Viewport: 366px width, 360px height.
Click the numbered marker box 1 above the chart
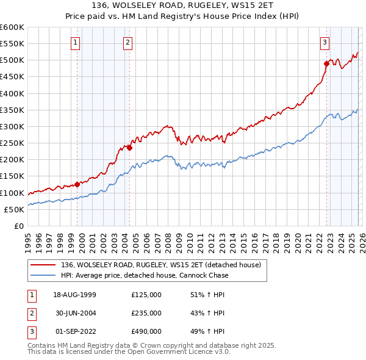(x=75, y=42)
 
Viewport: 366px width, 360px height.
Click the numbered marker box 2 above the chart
(x=127, y=42)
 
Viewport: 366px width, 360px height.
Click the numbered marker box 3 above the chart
(x=325, y=42)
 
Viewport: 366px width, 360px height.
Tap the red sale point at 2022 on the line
(x=326, y=63)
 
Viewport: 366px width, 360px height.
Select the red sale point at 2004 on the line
(x=130, y=147)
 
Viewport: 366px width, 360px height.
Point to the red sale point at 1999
(x=77, y=184)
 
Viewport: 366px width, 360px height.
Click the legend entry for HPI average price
(x=145, y=275)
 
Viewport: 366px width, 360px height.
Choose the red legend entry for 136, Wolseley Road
(x=160, y=265)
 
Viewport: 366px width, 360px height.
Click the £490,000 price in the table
(x=146, y=331)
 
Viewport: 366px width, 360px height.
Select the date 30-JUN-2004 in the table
(x=74, y=313)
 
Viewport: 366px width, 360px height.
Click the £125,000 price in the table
(x=146, y=295)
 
